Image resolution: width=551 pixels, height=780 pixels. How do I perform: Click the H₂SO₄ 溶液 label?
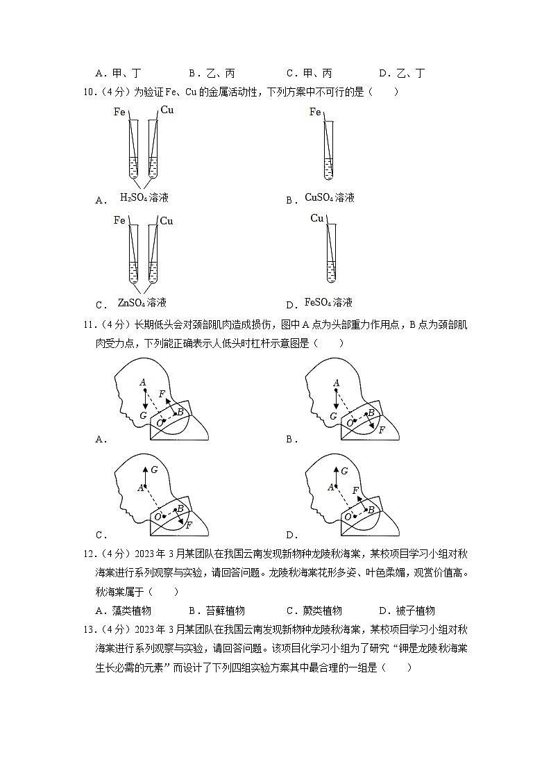[144, 198]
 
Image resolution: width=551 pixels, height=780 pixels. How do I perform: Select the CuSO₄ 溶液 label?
[330, 198]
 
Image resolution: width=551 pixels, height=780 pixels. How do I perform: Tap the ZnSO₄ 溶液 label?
[142, 303]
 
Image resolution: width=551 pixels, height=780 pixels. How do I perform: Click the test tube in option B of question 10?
[330, 149]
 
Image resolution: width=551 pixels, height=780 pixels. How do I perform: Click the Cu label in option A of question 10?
[167, 110]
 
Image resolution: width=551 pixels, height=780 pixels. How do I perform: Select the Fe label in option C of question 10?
[119, 221]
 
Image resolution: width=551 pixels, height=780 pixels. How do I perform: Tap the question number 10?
[89, 92]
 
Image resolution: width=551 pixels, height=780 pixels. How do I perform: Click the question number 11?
[89, 324]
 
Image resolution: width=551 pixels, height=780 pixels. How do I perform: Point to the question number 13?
[89, 629]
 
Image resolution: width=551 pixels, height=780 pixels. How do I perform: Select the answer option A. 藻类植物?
[124, 611]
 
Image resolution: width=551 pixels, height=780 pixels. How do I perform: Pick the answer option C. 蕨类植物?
[314, 611]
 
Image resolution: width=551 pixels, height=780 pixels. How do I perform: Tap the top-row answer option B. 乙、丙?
[212, 73]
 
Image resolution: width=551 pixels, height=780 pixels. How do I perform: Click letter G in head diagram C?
[153, 470]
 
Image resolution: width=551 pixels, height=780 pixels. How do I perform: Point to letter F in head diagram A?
[162, 395]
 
